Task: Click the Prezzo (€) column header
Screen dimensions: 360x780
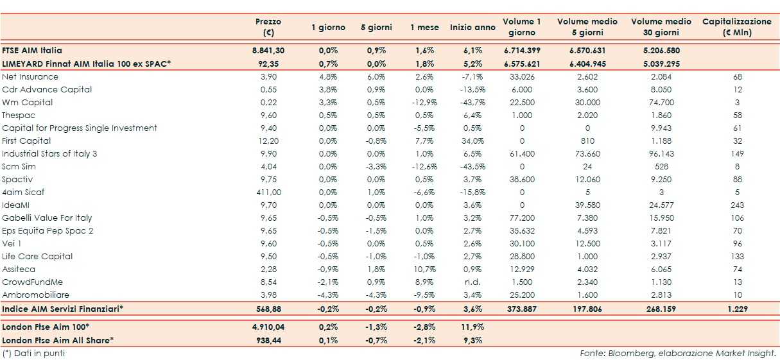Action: pyautogui.click(x=268, y=27)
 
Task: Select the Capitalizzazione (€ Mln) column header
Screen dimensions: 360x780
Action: pyautogui.click(x=736, y=27)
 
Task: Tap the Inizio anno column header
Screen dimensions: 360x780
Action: pyautogui.click(x=472, y=28)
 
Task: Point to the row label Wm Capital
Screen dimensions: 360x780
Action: pyautogui.click(x=27, y=102)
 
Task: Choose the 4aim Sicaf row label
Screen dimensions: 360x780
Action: pyautogui.click(x=23, y=192)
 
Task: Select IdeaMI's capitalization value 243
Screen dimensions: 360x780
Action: pyautogui.click(x=737, y=205)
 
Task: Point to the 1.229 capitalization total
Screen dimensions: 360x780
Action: pyautogui.click(x=737, y=309)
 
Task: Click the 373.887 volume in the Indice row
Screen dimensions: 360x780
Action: pyautogui.click(x=521, y=309)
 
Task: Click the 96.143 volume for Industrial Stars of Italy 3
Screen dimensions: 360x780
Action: pyautogui.click(x=661, y=153)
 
